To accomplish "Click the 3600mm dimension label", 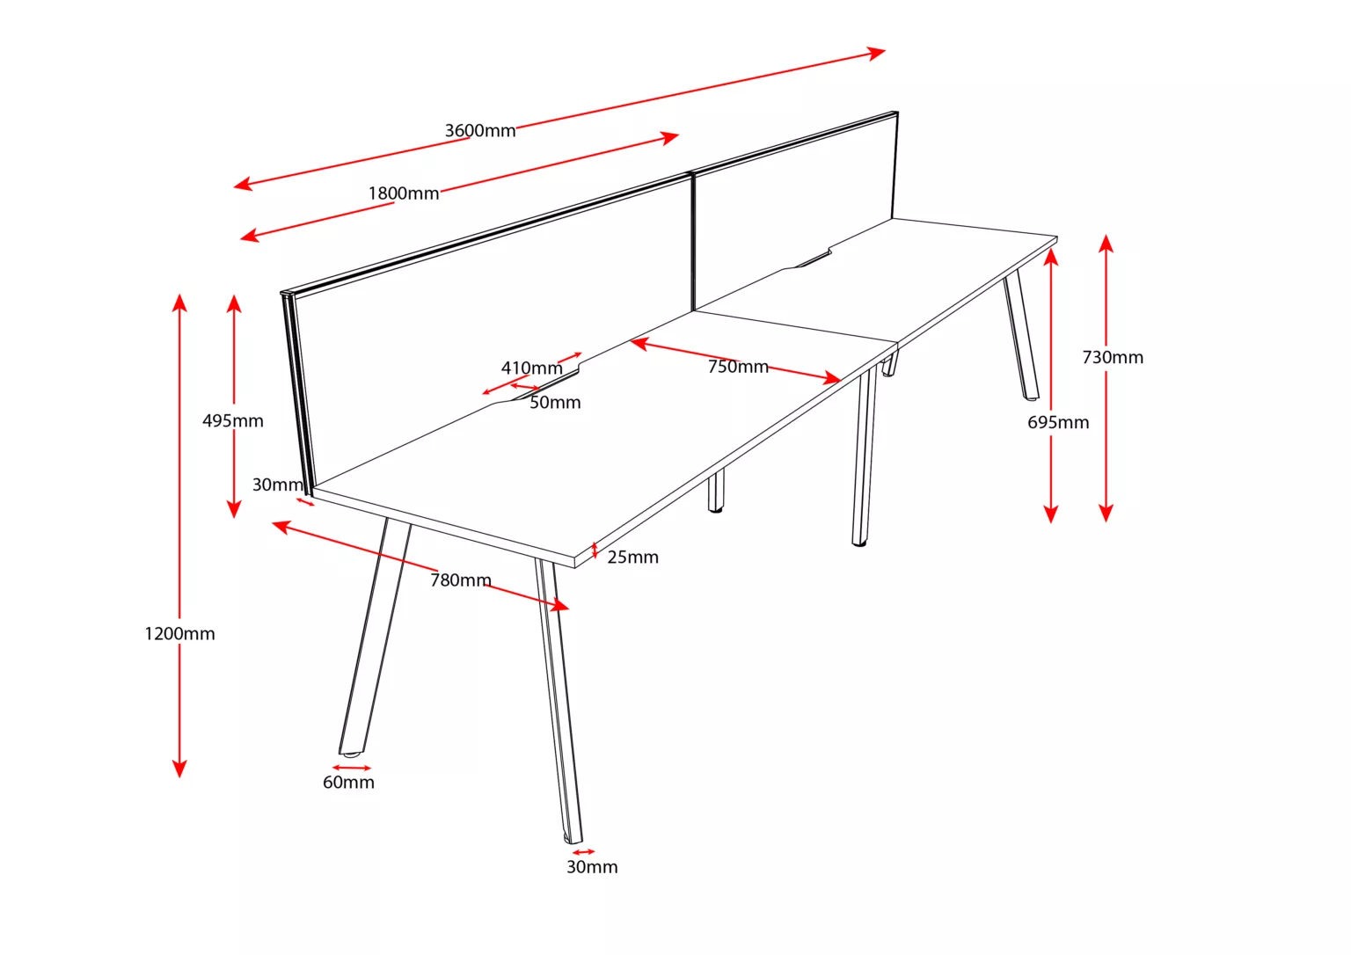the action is pos(480,131).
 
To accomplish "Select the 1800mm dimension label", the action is pos(404,193).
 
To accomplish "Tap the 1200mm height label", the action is pos(179,634).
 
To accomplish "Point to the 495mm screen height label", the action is pos(233,421).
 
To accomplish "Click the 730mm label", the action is pos(1113,358).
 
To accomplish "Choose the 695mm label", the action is pos(1058,423).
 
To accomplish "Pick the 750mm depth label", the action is pos(738,367).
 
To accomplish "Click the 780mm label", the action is pos(461,580).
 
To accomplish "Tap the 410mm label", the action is pos(532,368).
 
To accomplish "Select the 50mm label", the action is pos(555,402).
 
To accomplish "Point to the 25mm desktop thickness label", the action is pos(632,558).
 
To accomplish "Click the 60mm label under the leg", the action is pos(348,783).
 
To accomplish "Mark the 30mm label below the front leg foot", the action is pos(592,867).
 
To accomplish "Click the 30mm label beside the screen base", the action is pos(277,485).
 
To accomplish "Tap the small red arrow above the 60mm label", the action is pos(352,768).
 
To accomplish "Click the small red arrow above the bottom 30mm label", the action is pos(583,852).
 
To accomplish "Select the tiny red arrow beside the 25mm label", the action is pos(595,550).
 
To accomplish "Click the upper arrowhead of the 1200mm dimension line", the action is pos(179,303).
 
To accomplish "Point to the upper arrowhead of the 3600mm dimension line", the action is pos(877,53).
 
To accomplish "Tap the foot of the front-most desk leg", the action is pos(573,839).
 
